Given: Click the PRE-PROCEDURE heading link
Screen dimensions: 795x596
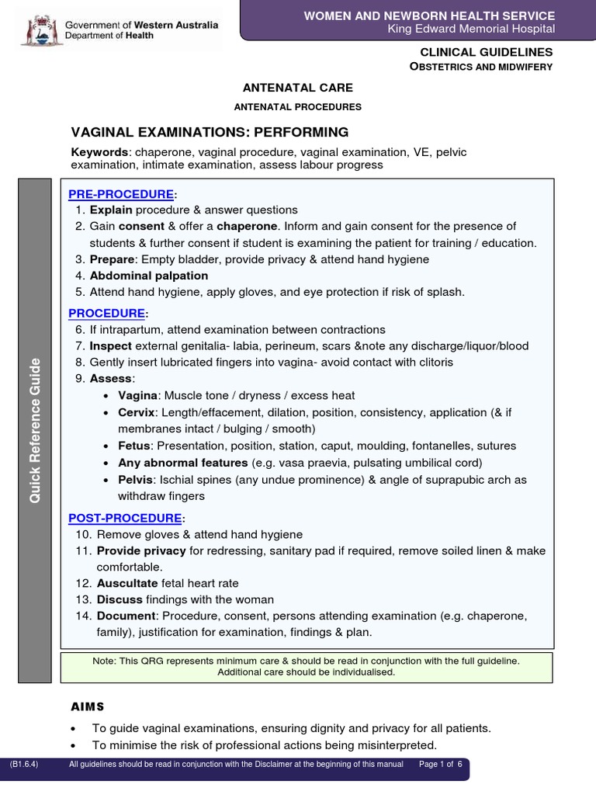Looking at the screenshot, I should tap(121, 193).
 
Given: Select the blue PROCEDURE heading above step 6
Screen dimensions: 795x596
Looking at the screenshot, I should tap(107, 313).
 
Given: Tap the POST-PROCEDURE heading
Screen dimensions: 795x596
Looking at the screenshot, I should tap(126, 518).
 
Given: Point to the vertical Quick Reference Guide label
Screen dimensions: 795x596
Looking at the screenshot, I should tap(34, 430).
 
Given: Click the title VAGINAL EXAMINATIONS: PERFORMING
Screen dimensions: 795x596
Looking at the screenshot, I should tap(210, 132).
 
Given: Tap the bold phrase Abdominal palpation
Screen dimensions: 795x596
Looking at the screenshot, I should tap(149, 276).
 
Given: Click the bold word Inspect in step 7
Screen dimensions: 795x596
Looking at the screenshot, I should tap(111, 346).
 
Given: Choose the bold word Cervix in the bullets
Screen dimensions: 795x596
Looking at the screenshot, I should tap(137, 412).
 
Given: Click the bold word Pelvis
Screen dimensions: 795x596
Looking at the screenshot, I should tap(135, 481).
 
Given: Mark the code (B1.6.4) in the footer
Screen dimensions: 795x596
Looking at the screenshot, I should tap(24, 765).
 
